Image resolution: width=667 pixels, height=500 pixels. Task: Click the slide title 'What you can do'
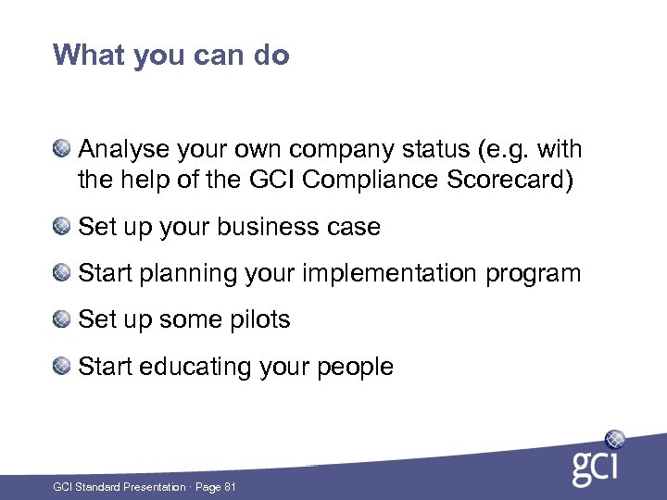point(171,56)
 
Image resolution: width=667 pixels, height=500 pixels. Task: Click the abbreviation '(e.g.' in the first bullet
point(508,150)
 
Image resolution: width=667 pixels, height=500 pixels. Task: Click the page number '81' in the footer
point(229,487)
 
